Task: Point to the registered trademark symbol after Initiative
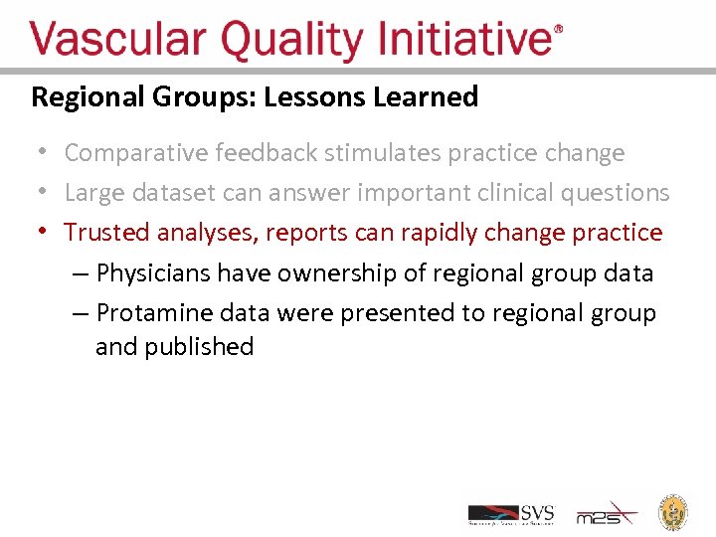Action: point(559,30)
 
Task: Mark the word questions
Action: point(617,193)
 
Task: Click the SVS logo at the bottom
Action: point(511,514)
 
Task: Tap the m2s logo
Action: point(608,513)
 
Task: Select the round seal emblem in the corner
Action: point(675,511)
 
